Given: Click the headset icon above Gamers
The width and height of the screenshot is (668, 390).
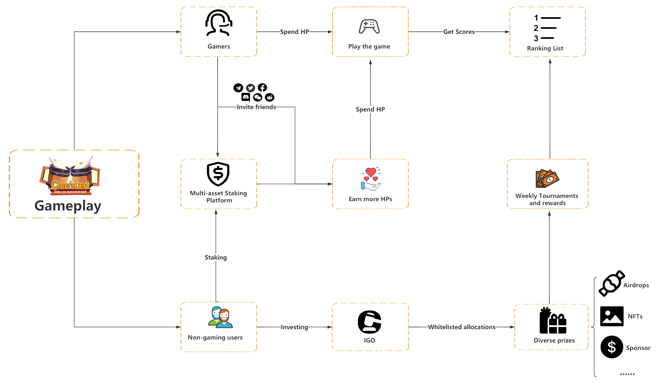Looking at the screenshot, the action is click(x=219, y=23).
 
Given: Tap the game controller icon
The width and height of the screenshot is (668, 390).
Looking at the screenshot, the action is click(x=369, y=26).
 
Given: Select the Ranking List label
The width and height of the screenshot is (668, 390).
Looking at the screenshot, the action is click(x=545, y=48).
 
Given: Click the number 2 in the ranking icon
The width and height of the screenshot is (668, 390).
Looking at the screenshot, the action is click(x=536, y=28).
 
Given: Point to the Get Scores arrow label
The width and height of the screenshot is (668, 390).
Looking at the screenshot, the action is click(x=459, y=32).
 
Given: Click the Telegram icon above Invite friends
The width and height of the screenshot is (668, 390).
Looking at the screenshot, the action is click(x=238, y=88).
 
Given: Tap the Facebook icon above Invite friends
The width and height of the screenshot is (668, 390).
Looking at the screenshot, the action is click(x=262, y=87).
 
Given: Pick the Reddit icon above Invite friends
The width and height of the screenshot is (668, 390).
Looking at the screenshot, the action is click(x=269, y=97).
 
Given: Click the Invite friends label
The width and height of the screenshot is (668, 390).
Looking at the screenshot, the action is click(x=256, y=107).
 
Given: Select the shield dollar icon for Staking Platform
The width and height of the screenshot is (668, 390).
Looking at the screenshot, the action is click(x=218, y=174).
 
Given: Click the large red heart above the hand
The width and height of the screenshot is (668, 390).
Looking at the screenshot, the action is click(x=371, y=172).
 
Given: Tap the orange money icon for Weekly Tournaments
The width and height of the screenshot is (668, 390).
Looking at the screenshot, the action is click(x=547, y=178).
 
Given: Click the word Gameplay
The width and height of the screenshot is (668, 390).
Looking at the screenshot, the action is click(x=68, y=206).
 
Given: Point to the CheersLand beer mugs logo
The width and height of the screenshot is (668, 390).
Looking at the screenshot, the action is click(x=70, y=176).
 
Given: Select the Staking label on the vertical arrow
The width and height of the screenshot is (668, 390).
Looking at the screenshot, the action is click(x=216, y=257).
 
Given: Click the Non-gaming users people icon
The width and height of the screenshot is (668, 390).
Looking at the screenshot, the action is click(x=220, y=317).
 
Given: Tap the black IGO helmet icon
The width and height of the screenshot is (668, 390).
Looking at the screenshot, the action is click(x=370, y=322).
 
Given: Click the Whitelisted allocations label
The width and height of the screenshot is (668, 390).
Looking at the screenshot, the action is click(x=462, y=327).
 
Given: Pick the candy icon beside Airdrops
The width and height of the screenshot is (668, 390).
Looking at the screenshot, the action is click(x=611, y=283).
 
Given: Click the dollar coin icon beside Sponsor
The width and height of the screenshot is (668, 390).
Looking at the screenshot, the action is click(x=612, y=347).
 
